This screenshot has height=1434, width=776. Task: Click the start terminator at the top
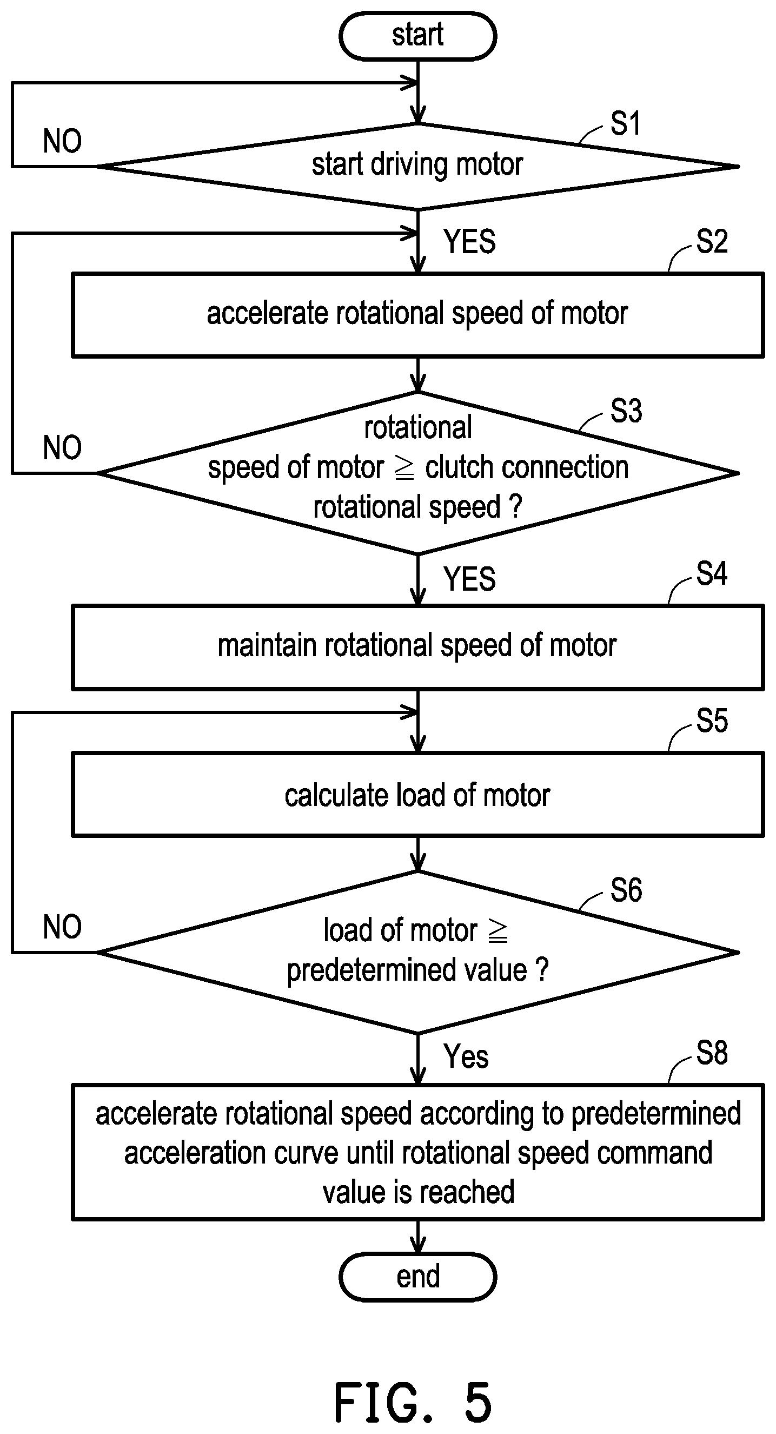coord(417,36)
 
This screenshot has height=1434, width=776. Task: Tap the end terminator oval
coord(417,1277)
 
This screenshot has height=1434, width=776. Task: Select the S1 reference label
coord(626,123)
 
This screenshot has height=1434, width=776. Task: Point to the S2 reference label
coord(712,242)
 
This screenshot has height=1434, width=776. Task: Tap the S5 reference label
coord(712,721)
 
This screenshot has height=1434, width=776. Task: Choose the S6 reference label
coord(626,890)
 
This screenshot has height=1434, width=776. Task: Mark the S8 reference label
coord(712,1053)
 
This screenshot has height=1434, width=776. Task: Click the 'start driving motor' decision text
coord(417,164)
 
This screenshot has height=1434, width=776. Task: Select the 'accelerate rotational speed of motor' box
coord(418,314)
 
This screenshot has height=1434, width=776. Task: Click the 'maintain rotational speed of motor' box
coord(418,647)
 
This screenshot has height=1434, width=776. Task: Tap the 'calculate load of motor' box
coord(418,795)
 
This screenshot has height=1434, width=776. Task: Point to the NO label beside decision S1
coord(62,141)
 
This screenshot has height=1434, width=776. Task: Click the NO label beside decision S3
coord(62,447)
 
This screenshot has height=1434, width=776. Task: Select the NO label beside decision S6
coord(62,927)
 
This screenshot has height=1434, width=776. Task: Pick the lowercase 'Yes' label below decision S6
coord(466,1056)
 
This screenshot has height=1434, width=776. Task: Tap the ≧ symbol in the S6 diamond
coord(498,931)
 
